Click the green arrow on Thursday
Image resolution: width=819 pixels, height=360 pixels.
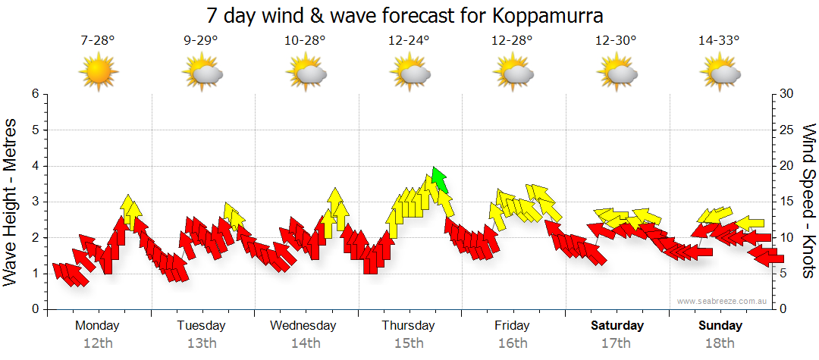tap(439, 180)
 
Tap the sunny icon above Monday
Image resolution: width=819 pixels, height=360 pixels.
tap(98, 74)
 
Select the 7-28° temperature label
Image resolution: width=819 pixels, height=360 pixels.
tap(98, 41)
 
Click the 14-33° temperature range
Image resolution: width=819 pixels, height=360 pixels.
tap(719, 41)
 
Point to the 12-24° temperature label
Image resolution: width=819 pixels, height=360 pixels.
tap(409, 41)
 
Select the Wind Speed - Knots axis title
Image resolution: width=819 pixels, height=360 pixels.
tap(808, 202)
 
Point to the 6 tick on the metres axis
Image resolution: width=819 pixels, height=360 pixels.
tap(34, 94)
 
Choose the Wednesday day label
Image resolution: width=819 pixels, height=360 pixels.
tap(303, 326)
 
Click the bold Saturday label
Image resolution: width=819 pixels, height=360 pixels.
tap(617, 326)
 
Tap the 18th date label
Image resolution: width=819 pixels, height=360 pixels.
tap(720, 343)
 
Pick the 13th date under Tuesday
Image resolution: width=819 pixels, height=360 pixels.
tap(201, 343)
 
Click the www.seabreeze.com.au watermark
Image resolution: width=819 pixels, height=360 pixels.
tap(723, 302)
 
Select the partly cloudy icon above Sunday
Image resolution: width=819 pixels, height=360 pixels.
tap(720, 74)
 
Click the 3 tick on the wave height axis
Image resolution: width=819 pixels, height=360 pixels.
tap(34, 202)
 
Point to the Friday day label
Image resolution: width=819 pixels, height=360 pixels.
tap(512, 326)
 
